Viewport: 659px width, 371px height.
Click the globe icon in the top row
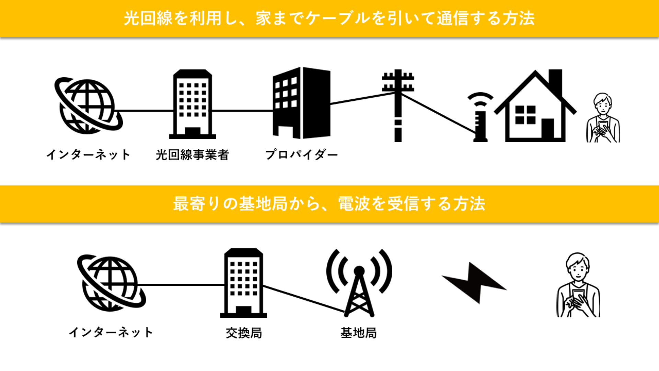pos(88,106)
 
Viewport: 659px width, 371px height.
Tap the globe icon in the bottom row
pos(111,283)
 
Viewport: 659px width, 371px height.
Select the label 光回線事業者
pos(192,155)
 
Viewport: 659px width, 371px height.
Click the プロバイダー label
pos(301,155)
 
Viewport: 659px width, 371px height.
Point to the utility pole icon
pos(398,105)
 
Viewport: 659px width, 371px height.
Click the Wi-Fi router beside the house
pos(480,117)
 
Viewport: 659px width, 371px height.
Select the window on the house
pos(525,115)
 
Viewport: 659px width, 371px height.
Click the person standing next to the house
pos(603,117)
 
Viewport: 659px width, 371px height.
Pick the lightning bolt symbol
pos(474,283)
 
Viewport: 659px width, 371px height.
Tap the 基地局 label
pos(359,333)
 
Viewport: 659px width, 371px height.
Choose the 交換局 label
pos(244,333)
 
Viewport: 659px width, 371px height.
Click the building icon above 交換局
pos(244,283)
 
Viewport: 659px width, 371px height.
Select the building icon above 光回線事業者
pos(193,104)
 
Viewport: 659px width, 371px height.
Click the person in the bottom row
pos(578,285)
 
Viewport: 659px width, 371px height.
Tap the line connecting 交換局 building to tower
pos(304,299)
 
